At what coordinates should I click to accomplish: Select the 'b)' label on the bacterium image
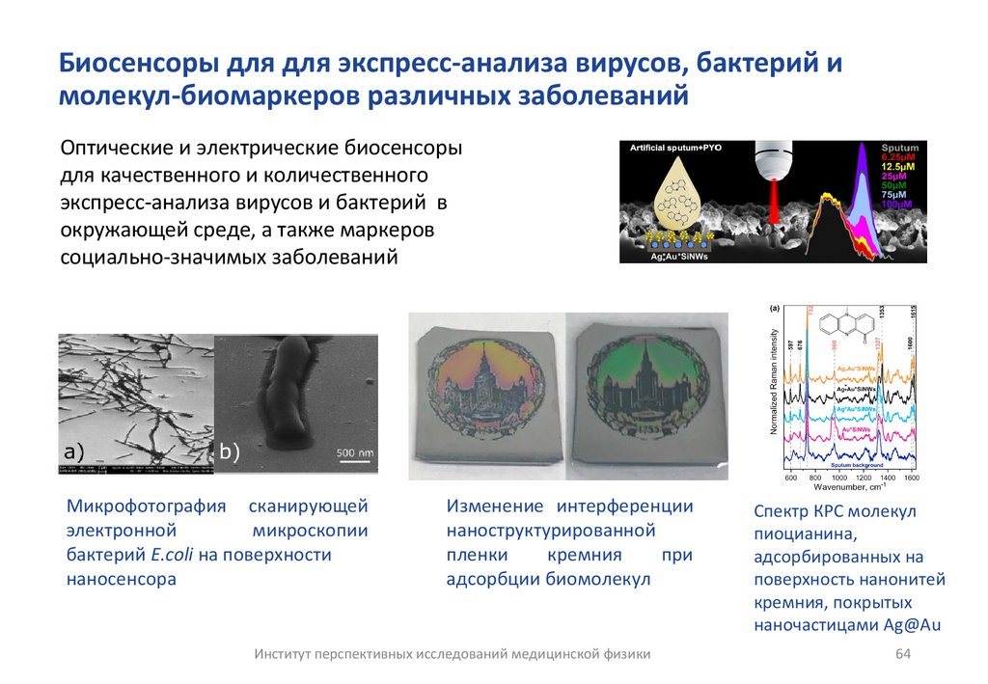click(x=230, y=451)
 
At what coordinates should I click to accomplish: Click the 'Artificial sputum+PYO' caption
click(x=676, y=148)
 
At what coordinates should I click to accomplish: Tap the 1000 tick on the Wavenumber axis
click(x=838, y=478)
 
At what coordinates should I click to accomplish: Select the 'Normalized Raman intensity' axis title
click(x=774, y=390)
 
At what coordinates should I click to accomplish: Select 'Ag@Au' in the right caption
click(x=911, y=625)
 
